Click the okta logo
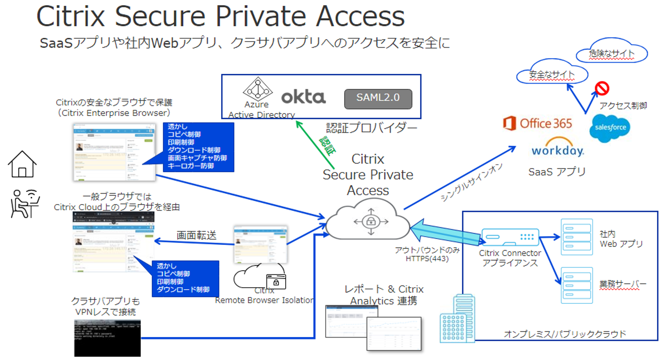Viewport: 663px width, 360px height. (x=303, y=97)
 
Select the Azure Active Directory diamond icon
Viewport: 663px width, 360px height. (x=258, y=89)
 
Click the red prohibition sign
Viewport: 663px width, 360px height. (x=602, y=88)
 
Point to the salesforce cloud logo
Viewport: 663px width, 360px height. (x=610, y=128)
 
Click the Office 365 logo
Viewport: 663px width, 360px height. (x=538, y=124)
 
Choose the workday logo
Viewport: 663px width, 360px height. (x=558, y=148)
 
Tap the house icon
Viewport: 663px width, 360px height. (x=22, y=165)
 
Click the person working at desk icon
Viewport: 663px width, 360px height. (x=24, y=204)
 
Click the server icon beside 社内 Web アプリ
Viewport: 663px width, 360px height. (x=576, y=237)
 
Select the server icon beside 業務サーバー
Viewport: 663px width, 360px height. (x=576, y=285)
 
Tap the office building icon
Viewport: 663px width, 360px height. (x=458, y=319)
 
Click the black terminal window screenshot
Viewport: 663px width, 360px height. (x=107, y=338)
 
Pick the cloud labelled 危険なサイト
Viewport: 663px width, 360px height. (x=611, y=52)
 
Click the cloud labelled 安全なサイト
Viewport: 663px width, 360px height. (x=552, y=73)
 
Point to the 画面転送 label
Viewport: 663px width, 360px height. (x=196, y=235)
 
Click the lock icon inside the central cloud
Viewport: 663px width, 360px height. (x=371, y=221)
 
